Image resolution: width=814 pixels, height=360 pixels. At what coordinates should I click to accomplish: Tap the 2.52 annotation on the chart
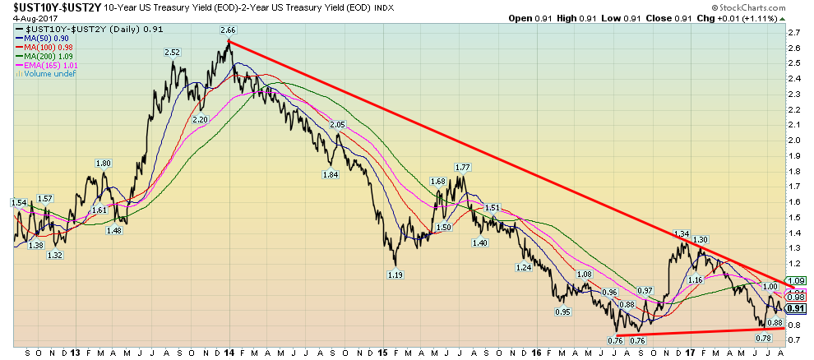tap(173, 53)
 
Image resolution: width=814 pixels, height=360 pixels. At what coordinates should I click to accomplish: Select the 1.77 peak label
tap(462, 167)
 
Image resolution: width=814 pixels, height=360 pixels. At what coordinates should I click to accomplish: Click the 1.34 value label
tap(680, 233)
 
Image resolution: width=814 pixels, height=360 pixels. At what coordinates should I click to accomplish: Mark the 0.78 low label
tap(763, 338)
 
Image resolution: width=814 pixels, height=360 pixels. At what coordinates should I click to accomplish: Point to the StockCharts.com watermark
tap(770, 7)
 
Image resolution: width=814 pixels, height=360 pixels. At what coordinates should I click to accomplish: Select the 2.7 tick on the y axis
tap(794, 33)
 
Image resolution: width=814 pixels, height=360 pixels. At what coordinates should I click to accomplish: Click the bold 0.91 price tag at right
tap(796, 308)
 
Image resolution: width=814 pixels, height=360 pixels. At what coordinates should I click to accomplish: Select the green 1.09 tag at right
tap(796, 281)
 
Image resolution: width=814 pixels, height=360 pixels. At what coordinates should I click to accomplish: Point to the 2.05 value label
tap(336, 125)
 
